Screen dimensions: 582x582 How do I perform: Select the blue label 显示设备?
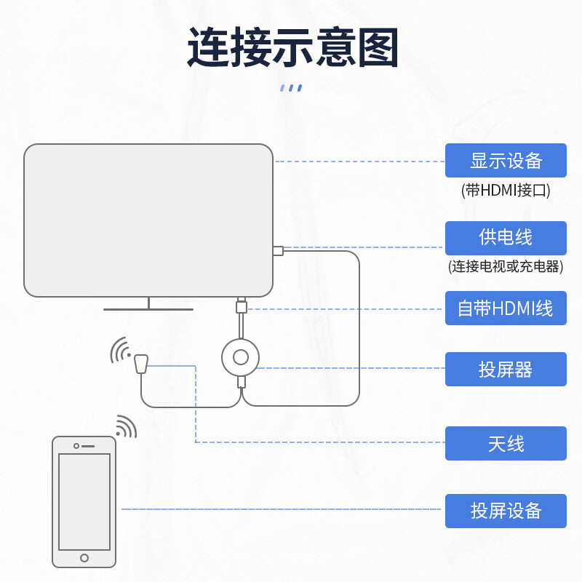click(506, 160)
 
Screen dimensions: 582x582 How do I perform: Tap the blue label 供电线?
click(506, 237)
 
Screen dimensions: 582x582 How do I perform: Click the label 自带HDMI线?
click(506, 308)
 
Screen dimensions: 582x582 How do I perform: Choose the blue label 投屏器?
click(506, 370)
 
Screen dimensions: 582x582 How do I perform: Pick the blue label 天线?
click(506, 444)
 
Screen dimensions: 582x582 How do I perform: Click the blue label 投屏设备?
click(506, 510)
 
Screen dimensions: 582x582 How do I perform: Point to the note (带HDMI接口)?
click(506, 191)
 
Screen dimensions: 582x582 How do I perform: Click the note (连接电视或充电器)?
click(506, 266)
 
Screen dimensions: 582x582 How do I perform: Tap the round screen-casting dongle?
click(241, 357)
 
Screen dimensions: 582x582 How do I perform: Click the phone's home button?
click(84, 558)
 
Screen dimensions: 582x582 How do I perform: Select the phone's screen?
click(84, 502)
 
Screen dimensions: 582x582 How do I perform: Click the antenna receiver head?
click(141, 362)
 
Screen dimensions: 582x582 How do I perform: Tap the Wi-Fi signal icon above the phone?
click(127, 426)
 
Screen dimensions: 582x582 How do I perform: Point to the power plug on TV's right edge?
click(278, 251)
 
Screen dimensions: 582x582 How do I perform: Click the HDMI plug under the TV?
click(242, 306)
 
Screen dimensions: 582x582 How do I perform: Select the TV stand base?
click(148, 309)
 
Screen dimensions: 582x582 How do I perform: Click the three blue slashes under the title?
click(291, 88)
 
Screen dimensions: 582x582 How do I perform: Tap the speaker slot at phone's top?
click(88, 446)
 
